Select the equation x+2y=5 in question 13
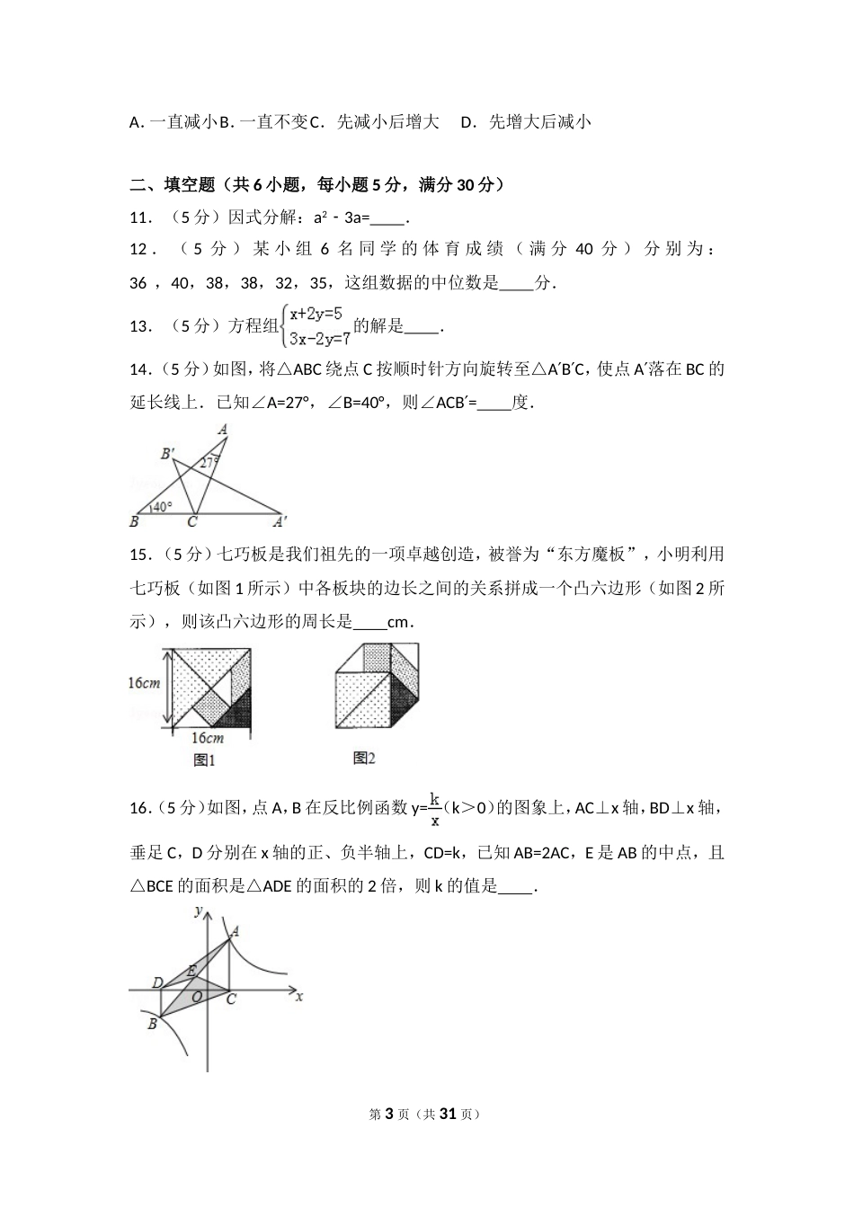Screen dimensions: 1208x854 pyautogui.click(x=316, y=315)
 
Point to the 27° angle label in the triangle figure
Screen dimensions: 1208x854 pyautogui.click(x=209, y=463)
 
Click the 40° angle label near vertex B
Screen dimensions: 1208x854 pyautogui.click(x=161, y=506)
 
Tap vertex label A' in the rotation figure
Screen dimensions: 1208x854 pyautogui.click(x=280, y=520)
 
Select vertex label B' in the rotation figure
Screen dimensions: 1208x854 pyautogui.click(x=167, y=454)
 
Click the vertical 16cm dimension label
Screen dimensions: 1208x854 pyautogui.click(x=144, y=683)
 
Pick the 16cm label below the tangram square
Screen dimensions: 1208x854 pyautogui.click(x=207, y=738)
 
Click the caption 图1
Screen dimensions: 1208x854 pyautogui.click(x=205, y=760)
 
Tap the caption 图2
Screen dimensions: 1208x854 pyautogui.click(x=363, y=759)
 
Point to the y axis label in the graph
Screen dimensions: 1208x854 pyautogui.click(x=197, y=911)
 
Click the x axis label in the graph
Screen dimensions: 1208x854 pyautogui.click(x=298, y=997)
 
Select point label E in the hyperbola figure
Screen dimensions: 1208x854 pyautogui.click(x=190, y=971)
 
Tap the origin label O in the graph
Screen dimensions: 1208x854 pyautogui.click(x=198, y=998)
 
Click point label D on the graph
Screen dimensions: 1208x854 pyautogui.click(x=157, y=983)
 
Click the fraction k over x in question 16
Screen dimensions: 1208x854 pyautogui.click(x=435, y=808)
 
